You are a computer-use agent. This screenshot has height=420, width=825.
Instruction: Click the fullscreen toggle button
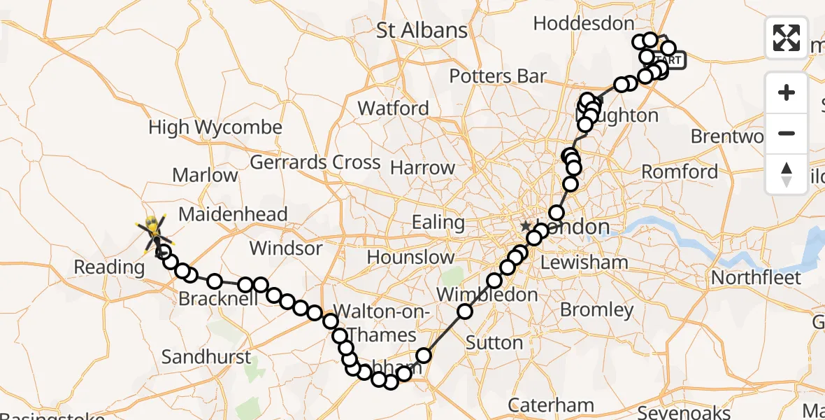point(787,38)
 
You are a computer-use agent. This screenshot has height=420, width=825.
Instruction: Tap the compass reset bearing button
point(787,174)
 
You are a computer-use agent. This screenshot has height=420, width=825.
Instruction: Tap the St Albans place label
point(422,30)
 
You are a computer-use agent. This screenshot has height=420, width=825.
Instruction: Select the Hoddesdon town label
point(583,23)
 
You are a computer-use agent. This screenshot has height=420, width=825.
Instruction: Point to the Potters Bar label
point(497,76)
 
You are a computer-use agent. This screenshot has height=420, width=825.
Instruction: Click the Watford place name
point(393,108)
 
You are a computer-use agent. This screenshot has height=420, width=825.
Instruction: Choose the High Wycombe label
point(215,127)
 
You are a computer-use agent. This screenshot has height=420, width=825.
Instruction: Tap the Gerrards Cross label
point(315,162)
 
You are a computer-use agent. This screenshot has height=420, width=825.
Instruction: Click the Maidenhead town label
point(234,214)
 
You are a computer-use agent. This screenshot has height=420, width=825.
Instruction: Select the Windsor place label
point(286,248)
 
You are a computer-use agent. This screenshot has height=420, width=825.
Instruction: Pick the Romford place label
point(680,171)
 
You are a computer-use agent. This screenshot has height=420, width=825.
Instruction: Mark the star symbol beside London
point(525,226)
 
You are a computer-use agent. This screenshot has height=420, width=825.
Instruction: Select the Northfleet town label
point(756,278)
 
